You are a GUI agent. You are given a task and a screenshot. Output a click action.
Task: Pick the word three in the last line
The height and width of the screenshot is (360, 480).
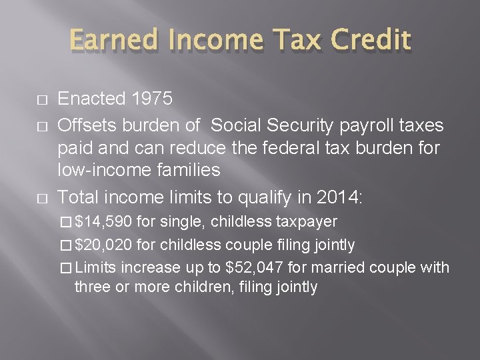coord(92,287)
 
